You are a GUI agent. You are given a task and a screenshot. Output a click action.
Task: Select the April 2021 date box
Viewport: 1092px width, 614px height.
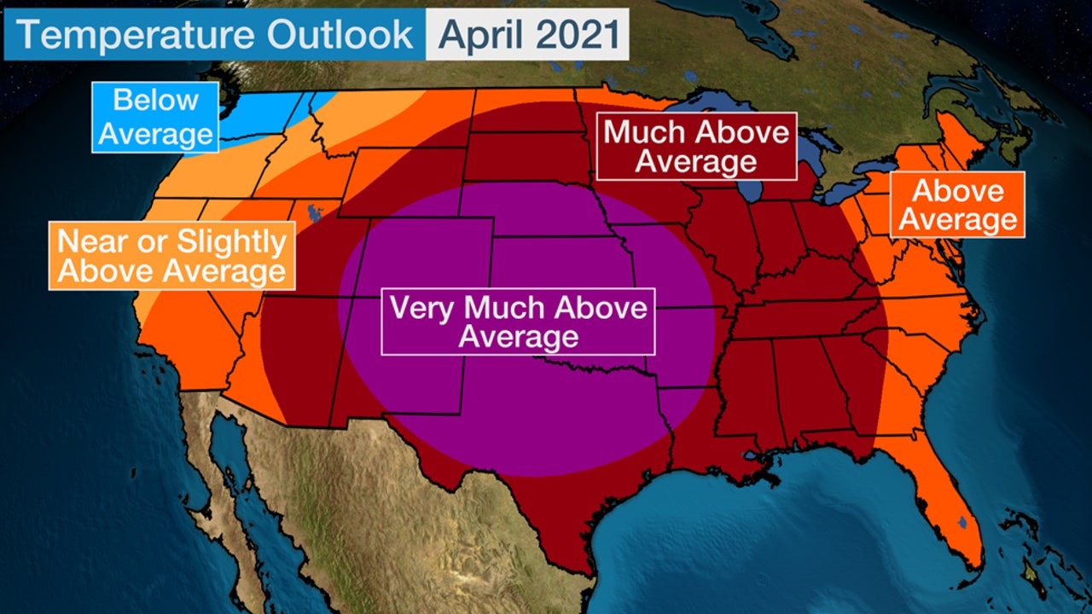click(x=527, y=34)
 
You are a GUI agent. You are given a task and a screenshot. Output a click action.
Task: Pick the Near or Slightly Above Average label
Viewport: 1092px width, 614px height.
click(x=172, y=256)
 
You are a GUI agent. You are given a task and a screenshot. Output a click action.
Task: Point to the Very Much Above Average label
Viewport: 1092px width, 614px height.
click(x=518, y=321)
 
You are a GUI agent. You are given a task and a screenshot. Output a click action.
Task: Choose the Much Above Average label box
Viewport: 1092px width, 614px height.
click(x=696, y=146)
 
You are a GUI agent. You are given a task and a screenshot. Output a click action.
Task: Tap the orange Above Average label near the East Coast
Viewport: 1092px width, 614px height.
click(x=958, y=205)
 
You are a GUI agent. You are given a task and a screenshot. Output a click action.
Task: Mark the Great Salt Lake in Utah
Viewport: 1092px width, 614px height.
click(x=312, y=210)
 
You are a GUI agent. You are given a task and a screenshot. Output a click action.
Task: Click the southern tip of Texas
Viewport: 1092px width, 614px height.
click(x=580, y=563)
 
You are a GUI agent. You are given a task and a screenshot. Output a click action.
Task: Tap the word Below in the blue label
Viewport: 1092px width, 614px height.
click(x=155, y=100)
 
